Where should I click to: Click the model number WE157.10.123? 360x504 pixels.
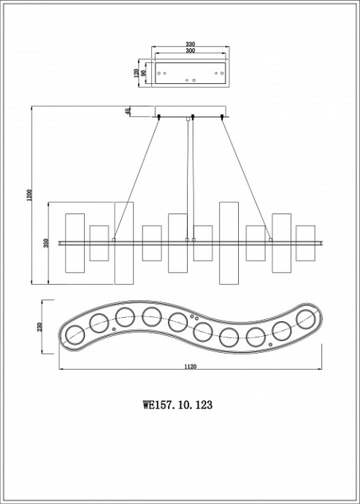pyautogui.click(x=180, y=402)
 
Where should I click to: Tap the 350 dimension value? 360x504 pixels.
pyautogui.click(x=45, y=243)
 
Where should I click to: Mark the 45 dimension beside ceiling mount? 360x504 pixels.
pyautogui.click(x=128, y=111)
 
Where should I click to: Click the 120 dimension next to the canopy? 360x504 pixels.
pyautogui.click(x=136, y=74)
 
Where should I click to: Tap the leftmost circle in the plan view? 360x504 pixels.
pyautogui.click(x=74, y=336)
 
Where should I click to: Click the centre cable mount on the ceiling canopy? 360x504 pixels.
pyautogui.click(x=192, y=115)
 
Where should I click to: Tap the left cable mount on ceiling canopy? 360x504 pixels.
pyautogui.click(x=158, y=115)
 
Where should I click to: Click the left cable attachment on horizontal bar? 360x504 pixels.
pyautogui.click(x=114, y=239)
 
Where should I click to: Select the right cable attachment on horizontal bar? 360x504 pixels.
pyautogui.click(x=269, y=239)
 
